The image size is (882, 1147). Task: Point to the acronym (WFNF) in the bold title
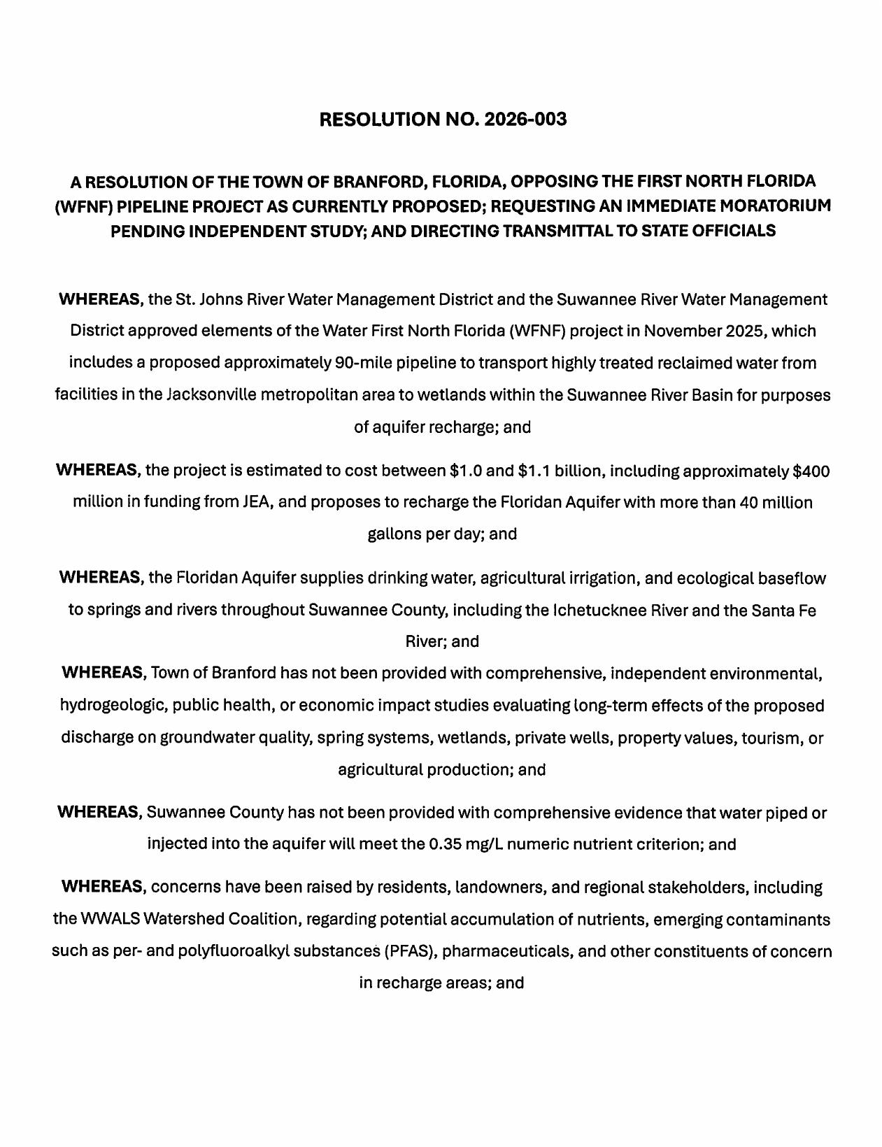[83, 206]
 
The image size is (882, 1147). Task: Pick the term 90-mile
[360, 362]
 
